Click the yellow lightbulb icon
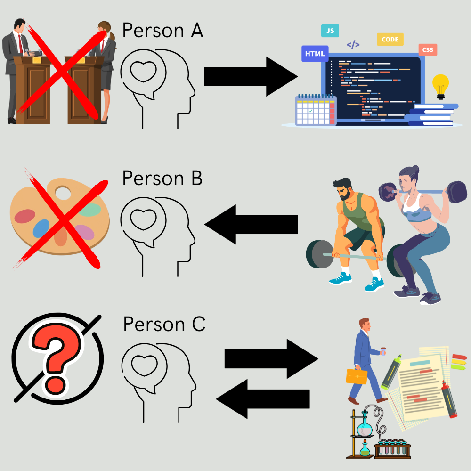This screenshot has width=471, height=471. [x=440, y=85]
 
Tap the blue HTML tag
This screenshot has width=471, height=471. [x=315, y=54]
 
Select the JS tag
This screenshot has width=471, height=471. [x=330, y=31]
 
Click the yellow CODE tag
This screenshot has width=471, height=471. [x=390, y=40]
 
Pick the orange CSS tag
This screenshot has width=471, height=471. [x=428, y=49]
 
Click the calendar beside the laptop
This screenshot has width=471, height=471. [x=315, y=111]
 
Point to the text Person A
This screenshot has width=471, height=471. [x=162, y=31]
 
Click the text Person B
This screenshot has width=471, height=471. [x=162, y=179]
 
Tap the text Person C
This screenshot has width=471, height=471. [x=164, y=325]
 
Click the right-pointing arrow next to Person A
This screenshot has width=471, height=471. [x=250, y=76]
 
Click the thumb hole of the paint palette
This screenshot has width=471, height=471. [x=62, y=193]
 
